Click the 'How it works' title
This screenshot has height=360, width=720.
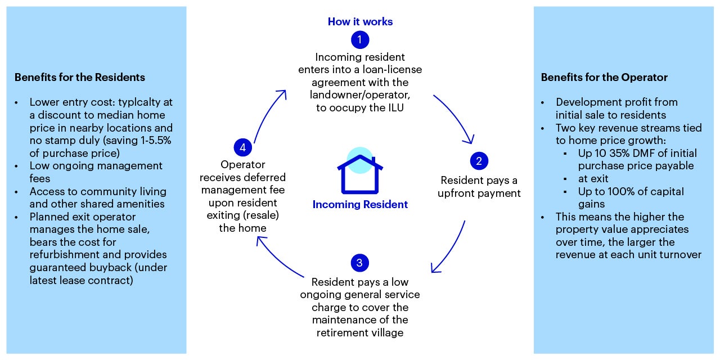click(x=360, y=22)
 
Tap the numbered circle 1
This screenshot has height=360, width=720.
click(x=360, y=40)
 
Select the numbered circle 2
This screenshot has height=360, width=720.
click(x=479, y=161)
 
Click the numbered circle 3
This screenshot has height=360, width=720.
click(x=359, y=263)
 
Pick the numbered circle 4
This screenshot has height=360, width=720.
click(x=242, y=147)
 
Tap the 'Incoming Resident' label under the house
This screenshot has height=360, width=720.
click(x=360, y=204)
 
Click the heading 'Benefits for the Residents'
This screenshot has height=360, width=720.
click(x=79, y=77)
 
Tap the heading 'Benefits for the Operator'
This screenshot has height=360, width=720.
click(x=604, y=77)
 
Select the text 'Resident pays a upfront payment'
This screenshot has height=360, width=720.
click(x=480, y=187)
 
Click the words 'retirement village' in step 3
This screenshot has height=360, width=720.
click(x=360, y=332)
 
